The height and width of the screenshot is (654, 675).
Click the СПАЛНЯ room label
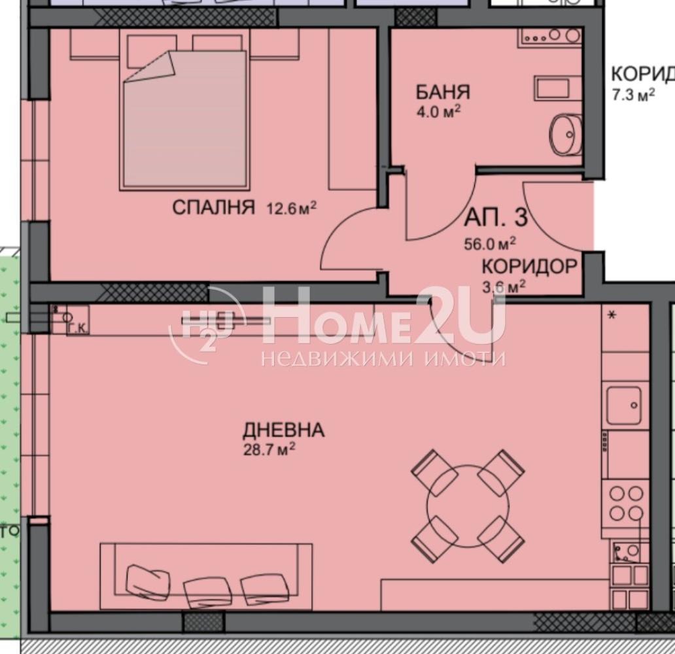(213, 208)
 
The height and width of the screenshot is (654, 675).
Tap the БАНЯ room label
(443, 92)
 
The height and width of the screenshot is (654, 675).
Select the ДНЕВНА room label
(283, 430)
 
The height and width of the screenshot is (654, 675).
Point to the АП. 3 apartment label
(495, 216)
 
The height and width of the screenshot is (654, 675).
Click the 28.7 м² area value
(269, 449)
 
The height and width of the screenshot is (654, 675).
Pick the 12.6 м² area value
(291, 209)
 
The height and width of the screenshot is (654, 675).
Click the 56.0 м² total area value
(490, 245)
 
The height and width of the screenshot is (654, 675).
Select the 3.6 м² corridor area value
(504, 286)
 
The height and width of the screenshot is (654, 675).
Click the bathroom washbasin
(564, 135)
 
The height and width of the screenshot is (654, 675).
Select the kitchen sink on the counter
(623, 405)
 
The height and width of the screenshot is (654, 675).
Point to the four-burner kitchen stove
(625, 502)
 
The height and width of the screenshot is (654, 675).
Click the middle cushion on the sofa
(208, 591)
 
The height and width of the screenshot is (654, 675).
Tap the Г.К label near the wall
(78, 328)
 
